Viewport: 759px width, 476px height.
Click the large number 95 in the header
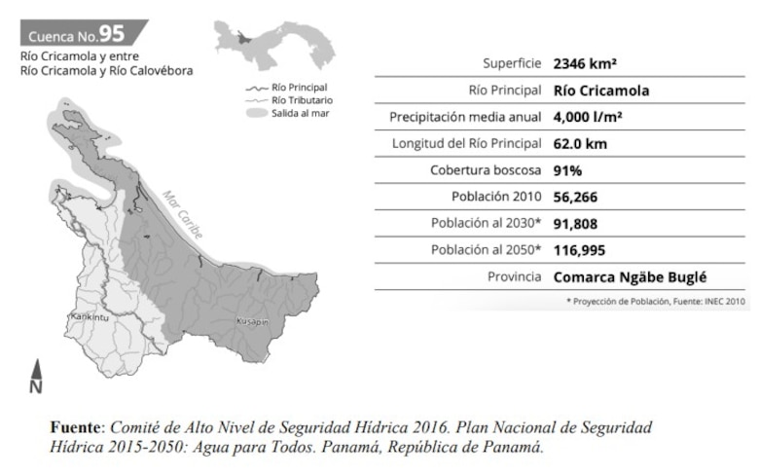(113, 35)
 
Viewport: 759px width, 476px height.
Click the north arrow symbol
(36, 378)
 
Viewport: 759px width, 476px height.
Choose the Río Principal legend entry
(299, 87)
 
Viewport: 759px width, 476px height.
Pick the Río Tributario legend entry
(301, 99)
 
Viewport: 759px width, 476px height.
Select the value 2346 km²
(585, 65)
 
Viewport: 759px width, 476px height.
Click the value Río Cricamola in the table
(600, 92)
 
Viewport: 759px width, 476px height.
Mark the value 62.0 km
(581, 144)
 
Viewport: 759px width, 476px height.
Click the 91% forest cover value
(567, 170)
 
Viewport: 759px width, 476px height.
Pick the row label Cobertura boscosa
(486, 170)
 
